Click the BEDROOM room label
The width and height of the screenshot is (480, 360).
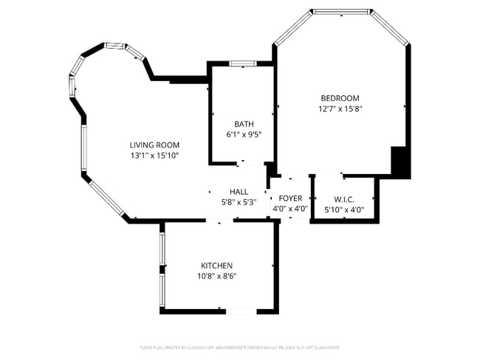[340, 98]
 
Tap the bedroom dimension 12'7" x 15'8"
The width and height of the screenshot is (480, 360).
[340, 109]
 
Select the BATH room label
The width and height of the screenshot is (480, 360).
[243, 124]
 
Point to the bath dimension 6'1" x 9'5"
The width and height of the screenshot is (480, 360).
[243, 135]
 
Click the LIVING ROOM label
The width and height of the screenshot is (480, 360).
[154, 145]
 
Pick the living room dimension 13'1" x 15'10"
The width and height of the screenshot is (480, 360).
[154, 156]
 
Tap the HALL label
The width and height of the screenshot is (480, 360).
[239, 191]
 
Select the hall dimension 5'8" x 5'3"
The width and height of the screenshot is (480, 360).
[239, 202]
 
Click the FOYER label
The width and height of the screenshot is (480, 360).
[290, 198]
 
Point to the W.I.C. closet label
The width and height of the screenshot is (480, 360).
[344, 199]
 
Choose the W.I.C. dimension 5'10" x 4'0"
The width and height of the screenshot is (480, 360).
[344, 210]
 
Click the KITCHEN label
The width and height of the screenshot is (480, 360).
[216, 266]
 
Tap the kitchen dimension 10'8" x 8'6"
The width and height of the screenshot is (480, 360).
[216, 277]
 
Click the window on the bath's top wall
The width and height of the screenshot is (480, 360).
[242, 63]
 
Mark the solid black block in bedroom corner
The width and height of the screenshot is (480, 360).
[400, 162]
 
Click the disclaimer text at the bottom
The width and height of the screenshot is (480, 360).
[239, 347]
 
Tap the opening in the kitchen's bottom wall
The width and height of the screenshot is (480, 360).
[241, 311]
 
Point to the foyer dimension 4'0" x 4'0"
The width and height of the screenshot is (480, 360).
[290, 209]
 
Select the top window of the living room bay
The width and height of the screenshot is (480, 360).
[114, 46]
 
